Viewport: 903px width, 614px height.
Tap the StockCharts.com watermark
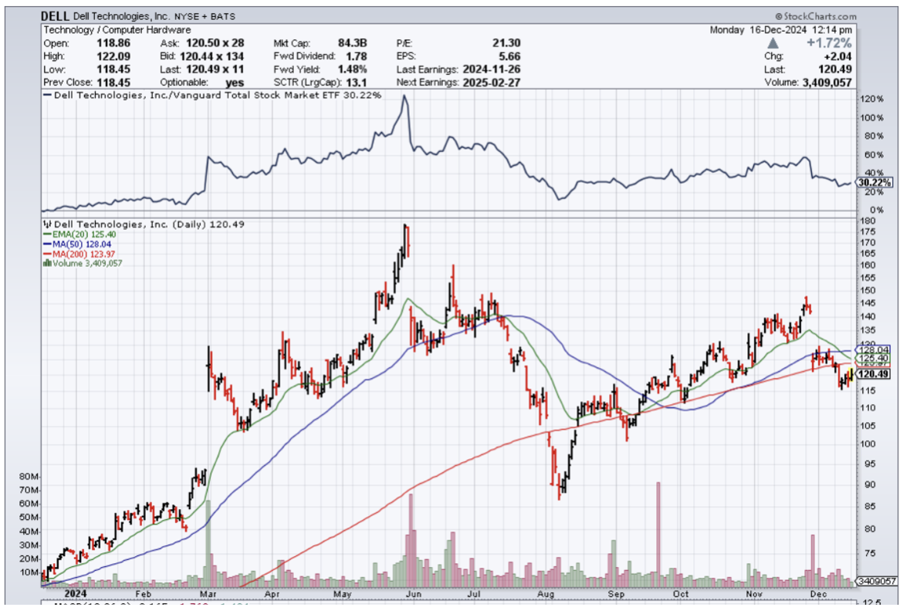[x=816, y=16]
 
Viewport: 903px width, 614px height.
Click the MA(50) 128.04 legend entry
[x=83, y=244]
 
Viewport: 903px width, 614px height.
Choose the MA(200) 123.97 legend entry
[x=84, y=253]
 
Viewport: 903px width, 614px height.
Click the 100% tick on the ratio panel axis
[x=872, y=118]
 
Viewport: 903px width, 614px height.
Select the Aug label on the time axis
[x=547, y=595]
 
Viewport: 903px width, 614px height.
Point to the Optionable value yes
[x=235, y=82]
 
